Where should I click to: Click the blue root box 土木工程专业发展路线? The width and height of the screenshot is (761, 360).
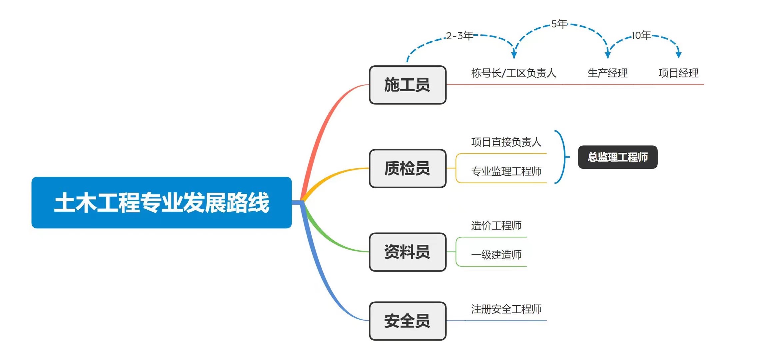pyautogui.click(x=162, y=202)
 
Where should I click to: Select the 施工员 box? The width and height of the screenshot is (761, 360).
pyautogui.click(x=407, y=85)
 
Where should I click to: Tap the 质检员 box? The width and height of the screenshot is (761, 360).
pyautogui.click(x=407, y=168)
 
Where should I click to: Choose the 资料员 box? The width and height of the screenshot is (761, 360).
pyautogui.click(x=407, y=252)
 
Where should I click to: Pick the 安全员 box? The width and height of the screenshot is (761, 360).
pyautogui.click(x=407, y=321)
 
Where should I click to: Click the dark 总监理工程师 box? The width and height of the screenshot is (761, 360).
pyautogui.click(x=617, y=157)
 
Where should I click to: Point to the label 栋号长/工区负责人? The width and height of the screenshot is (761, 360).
pyautogui.click(x=513, y=73)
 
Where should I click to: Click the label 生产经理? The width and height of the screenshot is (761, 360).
pyautogui.click(x=607, y=73)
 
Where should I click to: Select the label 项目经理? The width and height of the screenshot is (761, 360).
pyautogui.click(x=678, y=73)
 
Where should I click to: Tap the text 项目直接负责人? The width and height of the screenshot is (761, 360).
pyautogui.click(x=506, y=142)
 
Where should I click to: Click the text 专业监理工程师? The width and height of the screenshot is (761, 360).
pyautogui.click(x=506, y=171)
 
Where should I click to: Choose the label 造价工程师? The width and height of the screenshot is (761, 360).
pyautogui.click(x=496, y=226)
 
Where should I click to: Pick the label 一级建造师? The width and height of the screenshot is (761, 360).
pyautogui.click(x=496, y=255)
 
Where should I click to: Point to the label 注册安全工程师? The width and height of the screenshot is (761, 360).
pyautogui.click(x=506, y=309)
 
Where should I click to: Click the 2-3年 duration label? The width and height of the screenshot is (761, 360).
pyautogui.click(x=459, y=36)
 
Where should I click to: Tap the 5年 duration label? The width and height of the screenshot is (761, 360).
pyautogui.click(x=559, y=24)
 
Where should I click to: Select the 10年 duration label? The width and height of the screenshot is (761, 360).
pyautogui.click(x=641, y=35)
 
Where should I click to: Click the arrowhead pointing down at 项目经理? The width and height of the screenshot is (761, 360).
pyautogui.click(x=678, y=55)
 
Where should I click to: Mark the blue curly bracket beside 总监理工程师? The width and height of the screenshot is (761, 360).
pyautogui.click(x=563, y=157)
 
